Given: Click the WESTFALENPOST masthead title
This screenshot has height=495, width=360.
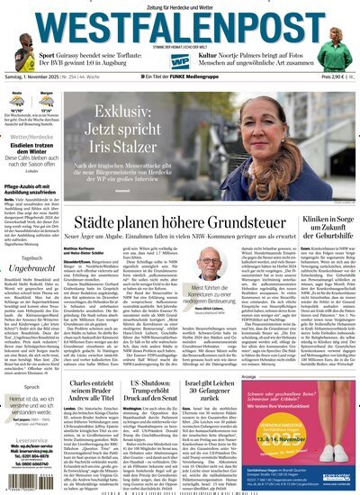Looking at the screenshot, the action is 180,23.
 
